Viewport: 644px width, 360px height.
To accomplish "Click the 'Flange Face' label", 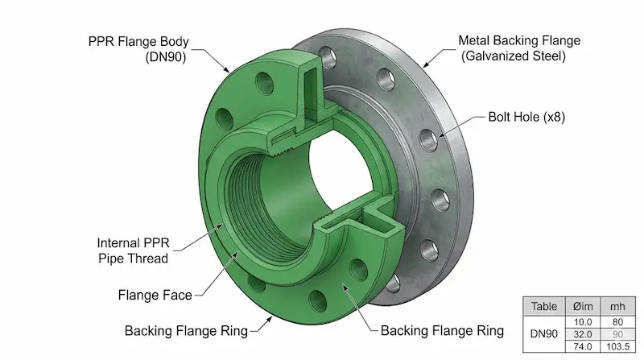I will click(155, 295).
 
